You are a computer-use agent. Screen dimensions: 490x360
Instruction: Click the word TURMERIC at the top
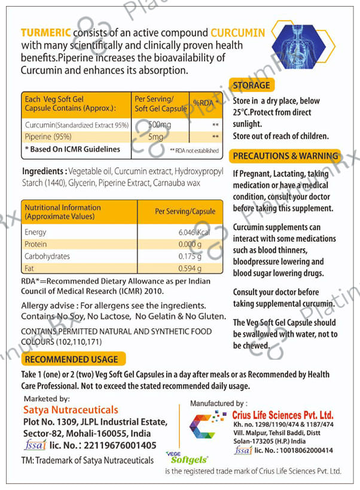coord(45,33)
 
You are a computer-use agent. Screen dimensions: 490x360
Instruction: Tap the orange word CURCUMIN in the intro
coord(237,33)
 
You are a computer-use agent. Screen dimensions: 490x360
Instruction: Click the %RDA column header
coord(205,103)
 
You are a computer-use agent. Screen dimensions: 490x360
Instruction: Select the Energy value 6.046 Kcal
coord(193,232)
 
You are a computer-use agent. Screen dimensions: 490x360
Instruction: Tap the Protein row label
coord(35,244)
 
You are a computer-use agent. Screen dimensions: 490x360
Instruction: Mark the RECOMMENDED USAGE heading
coord(71,359)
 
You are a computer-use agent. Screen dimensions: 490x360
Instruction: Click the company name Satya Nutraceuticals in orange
coord(70,410)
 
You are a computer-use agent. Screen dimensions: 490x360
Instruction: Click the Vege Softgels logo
coord(187,458)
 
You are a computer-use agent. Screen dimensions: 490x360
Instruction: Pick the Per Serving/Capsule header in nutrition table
coord(184,211)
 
